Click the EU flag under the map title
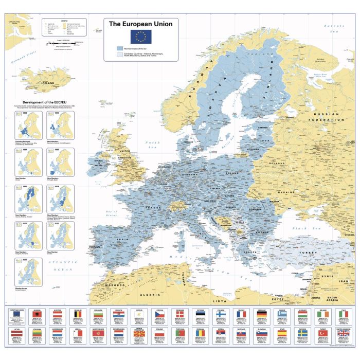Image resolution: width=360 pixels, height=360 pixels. [141, 35]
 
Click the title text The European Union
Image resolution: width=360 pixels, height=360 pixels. [141, 24]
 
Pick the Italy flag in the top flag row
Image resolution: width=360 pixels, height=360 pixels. [343, 315]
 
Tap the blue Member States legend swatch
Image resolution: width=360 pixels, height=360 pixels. [120, 48]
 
